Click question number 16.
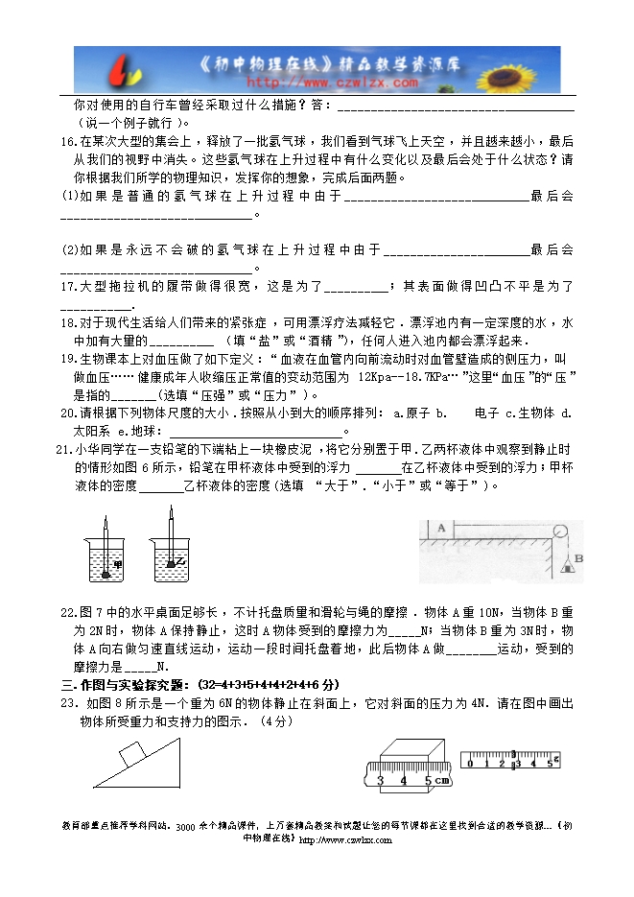[66, 140]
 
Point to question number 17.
[66, 286]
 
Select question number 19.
[66, 359]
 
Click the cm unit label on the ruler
[442, 780]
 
